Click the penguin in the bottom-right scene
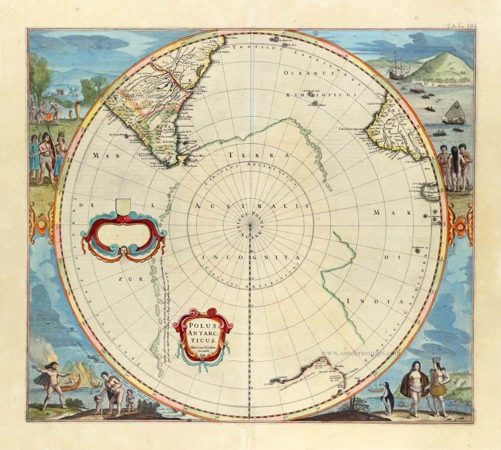coord(388,398)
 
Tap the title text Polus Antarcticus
coord(202,333)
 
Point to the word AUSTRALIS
coord(249,206)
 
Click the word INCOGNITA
coord(249,257)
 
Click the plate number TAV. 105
coord(461,24)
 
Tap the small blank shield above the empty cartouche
coord(123,205)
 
